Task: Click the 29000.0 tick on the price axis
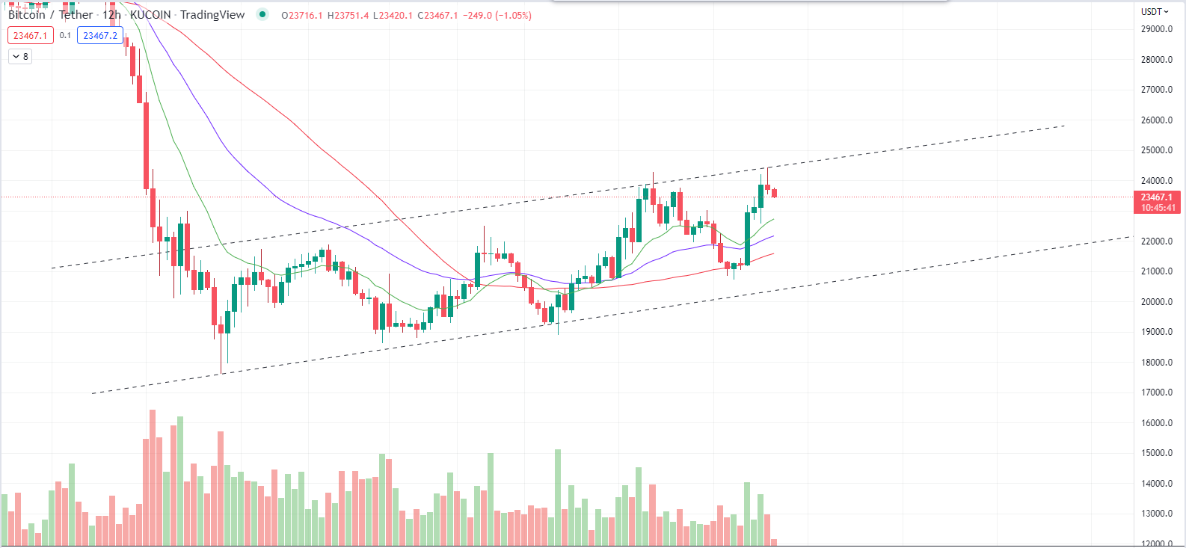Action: coord(1156,29)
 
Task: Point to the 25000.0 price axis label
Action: coord(1156,150)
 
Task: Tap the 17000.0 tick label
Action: coord(1156,392)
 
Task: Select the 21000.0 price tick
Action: coord(1156,271)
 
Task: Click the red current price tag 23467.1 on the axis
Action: coord(1156,197)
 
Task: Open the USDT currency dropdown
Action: coord(1154,11)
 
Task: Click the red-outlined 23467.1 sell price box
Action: coord(30,35)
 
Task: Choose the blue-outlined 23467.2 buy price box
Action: coord(100,35)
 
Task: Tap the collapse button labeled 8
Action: coord(20,56)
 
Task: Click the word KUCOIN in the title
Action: coord(150,15)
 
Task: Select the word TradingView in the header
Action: coord(212,15)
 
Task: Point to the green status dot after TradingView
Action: coord(262,14)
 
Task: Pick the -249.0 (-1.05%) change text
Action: coord(497,15)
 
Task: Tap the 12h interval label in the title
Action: coord(111,15)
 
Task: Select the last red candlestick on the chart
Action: coord(774,194)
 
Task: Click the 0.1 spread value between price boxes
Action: coord(65,35)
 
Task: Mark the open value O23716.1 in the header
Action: coord(301,15)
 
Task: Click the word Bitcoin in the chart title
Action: coord(27,15)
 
